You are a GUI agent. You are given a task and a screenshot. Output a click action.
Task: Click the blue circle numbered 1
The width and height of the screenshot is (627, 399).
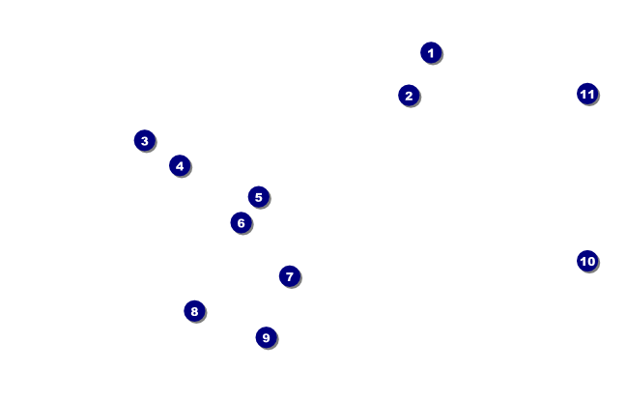(x=431, y=52)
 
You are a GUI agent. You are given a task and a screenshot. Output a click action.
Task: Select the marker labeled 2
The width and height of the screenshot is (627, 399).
(x=409, y=95)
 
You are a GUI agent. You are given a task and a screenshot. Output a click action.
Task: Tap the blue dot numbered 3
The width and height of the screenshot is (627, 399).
(x=144, y=140)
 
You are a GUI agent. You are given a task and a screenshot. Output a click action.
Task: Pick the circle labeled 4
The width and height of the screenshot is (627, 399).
(x=180, y=165)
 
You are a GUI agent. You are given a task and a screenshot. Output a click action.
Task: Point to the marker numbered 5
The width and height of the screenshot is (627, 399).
(x=258, y=197)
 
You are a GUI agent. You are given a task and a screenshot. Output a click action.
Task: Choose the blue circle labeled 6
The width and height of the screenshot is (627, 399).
(x=241, y=223)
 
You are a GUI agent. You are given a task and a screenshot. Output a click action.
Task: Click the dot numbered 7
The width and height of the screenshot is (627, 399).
(x=289, y=276)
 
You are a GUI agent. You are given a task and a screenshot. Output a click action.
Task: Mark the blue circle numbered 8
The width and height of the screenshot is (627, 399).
(x=194, y=311)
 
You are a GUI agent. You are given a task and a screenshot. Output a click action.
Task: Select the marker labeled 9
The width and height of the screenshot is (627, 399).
(x=266, y=337)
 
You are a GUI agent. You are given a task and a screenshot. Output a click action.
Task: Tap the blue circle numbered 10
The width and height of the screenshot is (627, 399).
(x=587, y=261)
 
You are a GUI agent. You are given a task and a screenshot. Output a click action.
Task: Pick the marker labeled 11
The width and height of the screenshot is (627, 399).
(x=587, y=94)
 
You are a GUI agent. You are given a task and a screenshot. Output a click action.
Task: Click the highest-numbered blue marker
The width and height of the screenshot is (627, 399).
(x=587, y=94)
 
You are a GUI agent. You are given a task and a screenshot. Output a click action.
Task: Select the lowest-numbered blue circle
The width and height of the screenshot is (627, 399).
(x=431, y=52)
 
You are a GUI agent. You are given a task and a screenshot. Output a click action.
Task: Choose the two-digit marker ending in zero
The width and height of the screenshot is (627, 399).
(x=587, y=261)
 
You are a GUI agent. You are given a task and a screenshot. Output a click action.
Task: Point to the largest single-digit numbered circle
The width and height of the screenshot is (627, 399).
(x=266, y=337)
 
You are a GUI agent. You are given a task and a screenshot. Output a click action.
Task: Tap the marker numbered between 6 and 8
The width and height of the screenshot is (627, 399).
(x=289, y=276)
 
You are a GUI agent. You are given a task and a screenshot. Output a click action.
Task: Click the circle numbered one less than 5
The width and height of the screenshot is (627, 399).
(x=180, y=165)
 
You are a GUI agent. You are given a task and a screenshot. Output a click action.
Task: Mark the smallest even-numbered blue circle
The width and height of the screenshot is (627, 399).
(x=409, y=95)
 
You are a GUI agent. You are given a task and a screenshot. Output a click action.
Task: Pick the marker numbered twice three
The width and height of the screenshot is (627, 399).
(x=241, y=223)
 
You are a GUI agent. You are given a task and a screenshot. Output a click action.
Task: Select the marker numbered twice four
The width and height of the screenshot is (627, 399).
(x=194, y=311)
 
